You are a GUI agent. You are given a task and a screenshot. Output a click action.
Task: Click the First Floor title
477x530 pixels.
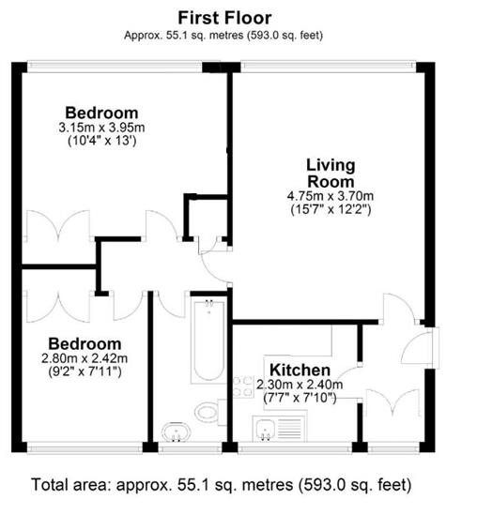tap(224, 18)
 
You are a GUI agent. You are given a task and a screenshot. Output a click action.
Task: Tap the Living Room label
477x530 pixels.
tap(331, 174)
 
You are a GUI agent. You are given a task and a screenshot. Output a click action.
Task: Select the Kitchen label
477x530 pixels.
tap(300, 371)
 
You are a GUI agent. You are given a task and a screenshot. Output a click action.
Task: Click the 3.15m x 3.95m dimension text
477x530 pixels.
tap(101, 128)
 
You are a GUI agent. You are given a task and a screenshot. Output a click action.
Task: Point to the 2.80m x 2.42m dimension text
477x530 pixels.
tap(85, 358)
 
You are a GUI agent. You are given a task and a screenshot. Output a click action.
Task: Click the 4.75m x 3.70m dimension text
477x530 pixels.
tap(331, 196)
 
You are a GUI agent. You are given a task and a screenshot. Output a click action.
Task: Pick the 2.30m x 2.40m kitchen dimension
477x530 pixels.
tap(300, 385)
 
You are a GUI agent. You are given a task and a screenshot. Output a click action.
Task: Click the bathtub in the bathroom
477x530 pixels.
tap(208, 341)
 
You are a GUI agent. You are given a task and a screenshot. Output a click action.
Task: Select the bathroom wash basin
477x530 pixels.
tap(176, 432)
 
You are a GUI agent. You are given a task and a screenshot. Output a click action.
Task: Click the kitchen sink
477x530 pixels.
tap(280, 429)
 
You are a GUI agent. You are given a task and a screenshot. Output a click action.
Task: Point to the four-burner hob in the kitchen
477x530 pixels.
tap(243, 386)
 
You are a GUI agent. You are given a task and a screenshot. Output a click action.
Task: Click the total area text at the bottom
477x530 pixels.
tap(222, 485)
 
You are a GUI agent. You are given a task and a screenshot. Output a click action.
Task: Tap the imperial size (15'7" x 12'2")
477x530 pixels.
tap(331, 210)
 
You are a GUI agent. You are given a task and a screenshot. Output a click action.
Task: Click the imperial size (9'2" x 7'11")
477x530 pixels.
tap(85, 371)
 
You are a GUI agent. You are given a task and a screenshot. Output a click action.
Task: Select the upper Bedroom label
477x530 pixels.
tap(101, 113)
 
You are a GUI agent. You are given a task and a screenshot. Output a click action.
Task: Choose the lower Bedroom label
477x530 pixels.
tap(85, 344)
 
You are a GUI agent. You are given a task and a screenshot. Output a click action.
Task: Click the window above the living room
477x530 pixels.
tap(328, 67)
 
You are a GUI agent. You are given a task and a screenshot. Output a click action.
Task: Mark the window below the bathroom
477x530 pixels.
tap(190, 447)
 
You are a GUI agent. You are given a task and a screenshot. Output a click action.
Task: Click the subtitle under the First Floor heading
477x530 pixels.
tap(223, 35)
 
